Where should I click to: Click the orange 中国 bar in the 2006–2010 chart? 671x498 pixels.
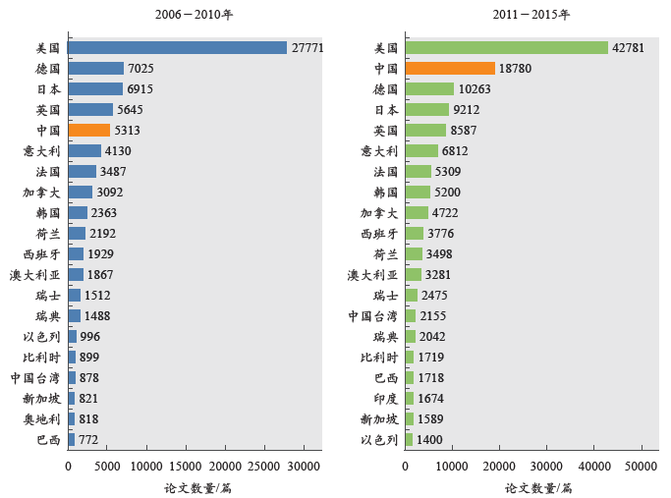88,130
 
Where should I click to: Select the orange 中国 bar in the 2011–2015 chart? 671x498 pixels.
450,68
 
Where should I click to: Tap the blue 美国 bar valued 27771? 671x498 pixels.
177,47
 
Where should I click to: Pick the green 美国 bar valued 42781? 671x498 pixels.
506,47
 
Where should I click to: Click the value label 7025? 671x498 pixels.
140,69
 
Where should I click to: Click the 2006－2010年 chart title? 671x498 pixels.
194,15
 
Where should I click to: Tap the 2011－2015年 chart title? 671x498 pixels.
531,15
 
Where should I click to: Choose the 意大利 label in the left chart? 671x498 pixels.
41,151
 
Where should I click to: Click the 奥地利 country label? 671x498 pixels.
41,419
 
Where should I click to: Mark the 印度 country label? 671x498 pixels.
385,399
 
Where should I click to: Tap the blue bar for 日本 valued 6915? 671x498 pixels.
95,89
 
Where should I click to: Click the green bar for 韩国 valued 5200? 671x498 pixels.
418,193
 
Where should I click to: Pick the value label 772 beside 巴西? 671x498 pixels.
88,440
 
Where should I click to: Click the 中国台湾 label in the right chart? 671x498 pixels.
372,316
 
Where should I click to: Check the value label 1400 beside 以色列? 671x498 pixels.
429,440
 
